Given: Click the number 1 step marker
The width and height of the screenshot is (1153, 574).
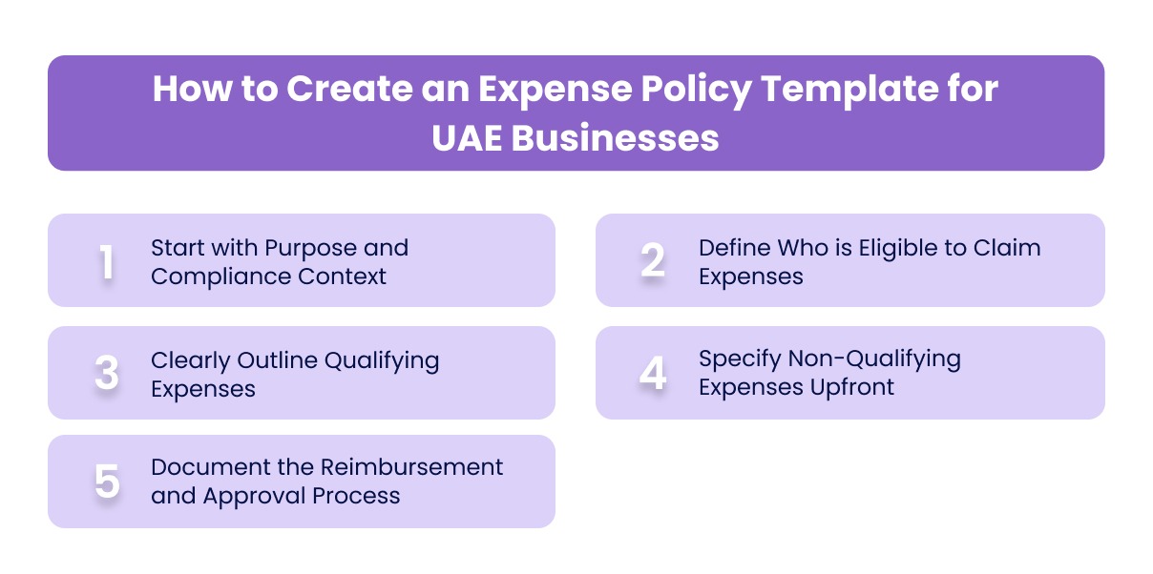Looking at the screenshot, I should click(107, 262).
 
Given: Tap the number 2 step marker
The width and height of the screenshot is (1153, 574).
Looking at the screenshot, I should click(653, 261).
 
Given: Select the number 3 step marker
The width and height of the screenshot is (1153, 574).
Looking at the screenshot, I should click(107, 374).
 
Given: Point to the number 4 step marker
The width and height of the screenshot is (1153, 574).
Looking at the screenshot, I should click(653, 374).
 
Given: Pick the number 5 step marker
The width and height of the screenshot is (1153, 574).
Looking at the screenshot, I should click(107, 482).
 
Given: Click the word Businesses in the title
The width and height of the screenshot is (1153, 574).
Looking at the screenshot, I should click(615, 138).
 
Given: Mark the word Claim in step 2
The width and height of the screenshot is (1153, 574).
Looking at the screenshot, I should click(1009, 248).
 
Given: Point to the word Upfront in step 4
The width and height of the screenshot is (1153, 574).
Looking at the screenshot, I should click(848, 387).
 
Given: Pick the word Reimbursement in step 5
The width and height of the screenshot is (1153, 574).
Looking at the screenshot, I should click(411, 467).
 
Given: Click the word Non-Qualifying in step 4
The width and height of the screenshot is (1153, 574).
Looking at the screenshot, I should click(874, 359).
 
